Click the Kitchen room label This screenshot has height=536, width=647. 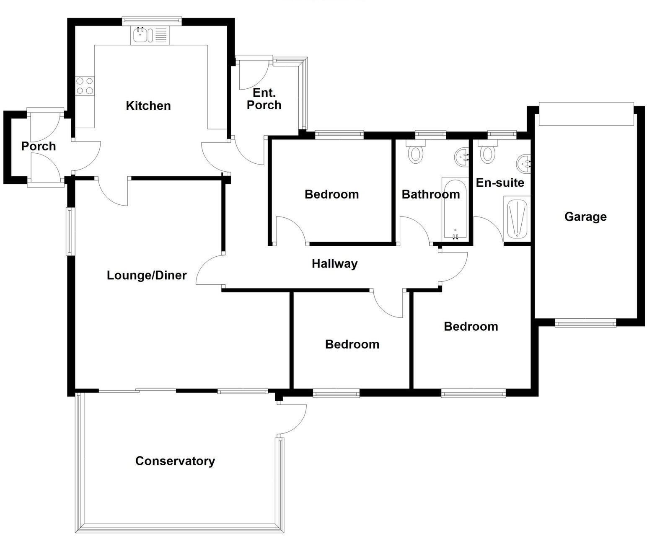tap(148, 106)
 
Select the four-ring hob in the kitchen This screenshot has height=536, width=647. tap(85, 85)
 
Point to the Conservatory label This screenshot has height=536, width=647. tap(175, 461)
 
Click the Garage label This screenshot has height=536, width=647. tap(585, 216)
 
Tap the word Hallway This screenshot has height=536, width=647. tap(334, 263)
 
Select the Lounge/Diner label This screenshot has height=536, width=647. tap(147, 275)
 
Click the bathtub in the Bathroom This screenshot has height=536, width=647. tap(455, 209)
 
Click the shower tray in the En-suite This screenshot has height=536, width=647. tap(517, 219)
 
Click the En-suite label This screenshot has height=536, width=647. tap(500, 183)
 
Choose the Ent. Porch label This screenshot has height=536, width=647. tap(264, 99)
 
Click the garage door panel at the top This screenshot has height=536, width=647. tap(586, 113)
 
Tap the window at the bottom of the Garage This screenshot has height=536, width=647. tap(585, 322)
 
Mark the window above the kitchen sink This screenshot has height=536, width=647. tap(152, 20)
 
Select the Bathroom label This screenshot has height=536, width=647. tap(430, 194)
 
